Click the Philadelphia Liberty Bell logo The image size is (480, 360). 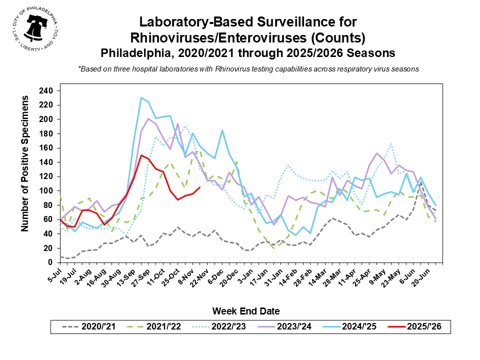(34, 31)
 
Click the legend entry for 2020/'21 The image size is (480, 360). (90, 327)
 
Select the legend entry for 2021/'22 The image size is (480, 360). (155, 327)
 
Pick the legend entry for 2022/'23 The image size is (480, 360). (220, 327)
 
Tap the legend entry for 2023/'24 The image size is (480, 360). (285, 327)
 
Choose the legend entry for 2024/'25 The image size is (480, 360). (350, 327)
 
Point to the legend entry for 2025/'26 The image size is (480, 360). (415, 327)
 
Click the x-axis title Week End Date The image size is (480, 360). (246, 311)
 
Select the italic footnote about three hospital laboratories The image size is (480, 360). (248, 69)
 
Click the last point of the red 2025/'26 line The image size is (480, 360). (200, 187)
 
